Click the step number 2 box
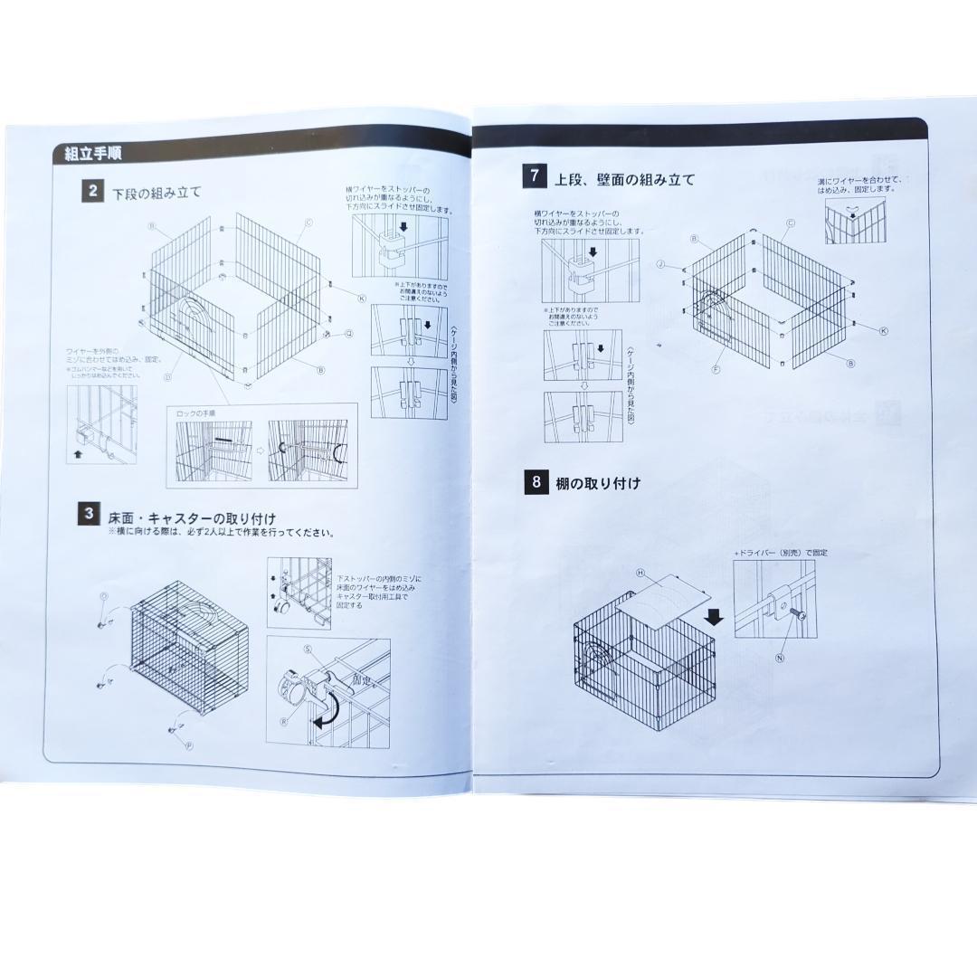tap(90, 192)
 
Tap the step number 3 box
tap(89, 515)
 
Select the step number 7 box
tap(535, 176)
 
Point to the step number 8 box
tap(536, 482)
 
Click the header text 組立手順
tap(94, 154)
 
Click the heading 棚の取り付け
tap(598, 484)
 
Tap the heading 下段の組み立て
tap(157, 193)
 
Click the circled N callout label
tap(780, 658)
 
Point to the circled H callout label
tap(640, 573)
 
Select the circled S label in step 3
tap(308, 649)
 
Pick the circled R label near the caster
tap(283, 721)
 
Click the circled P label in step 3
tap(189, 746)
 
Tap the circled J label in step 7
tap(661, 264)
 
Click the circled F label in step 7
tap(716, 369)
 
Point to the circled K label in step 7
tap(883, 331)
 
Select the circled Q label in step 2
tap(348, 334)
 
